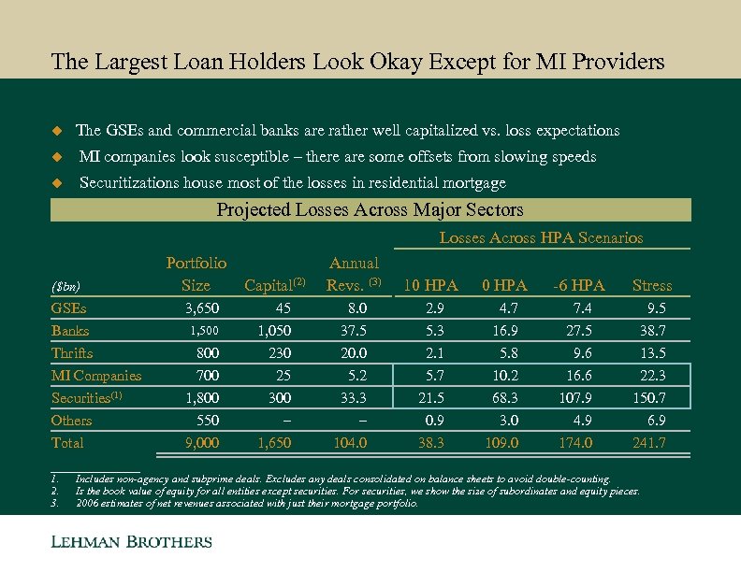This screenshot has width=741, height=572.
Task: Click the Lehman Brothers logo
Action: [131, 542]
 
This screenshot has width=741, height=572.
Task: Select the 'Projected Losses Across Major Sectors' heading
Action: [370, 209]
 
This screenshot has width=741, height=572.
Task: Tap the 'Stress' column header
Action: [652, 285]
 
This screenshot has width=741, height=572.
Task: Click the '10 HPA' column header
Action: [429, 285]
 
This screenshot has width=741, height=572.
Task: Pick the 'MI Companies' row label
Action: [96, 376]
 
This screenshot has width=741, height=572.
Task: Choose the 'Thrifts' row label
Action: [72, 353]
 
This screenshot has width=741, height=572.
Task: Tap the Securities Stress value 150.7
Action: [649, 398]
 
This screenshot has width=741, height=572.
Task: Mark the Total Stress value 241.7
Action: [649, 443]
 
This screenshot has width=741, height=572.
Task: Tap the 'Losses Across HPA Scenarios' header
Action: [541, 238]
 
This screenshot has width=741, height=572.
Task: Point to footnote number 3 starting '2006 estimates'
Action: [55, 503]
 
